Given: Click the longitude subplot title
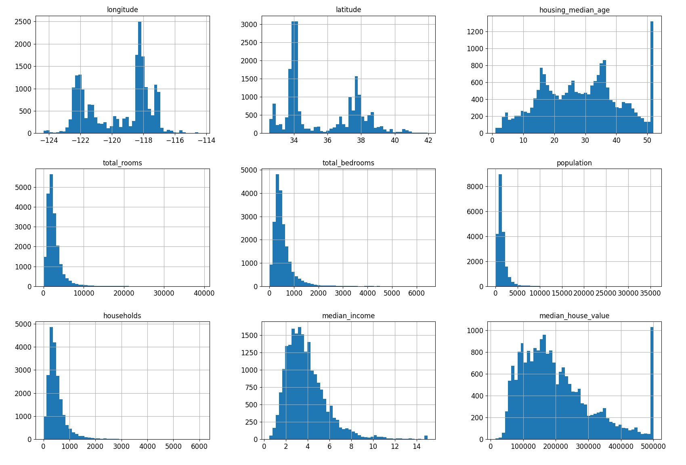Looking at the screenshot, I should (122, 10).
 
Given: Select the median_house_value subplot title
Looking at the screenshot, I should (574, 316).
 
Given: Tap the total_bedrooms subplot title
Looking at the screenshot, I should (348, 163).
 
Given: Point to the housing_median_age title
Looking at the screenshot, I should (574, 10).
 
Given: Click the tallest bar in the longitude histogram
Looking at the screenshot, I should (140, 77).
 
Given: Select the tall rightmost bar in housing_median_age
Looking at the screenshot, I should (652, 77).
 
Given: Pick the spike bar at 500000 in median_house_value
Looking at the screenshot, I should (652, 383).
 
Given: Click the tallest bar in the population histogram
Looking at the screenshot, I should (500, 230).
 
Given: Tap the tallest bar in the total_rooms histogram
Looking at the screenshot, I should (51, 230).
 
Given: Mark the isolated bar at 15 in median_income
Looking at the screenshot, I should (426, 437).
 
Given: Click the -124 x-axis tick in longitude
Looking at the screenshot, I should (49, 141).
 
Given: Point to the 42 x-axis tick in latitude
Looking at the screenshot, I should (428, 141).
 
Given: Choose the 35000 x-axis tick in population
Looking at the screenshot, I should (650, 294).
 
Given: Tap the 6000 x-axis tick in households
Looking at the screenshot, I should (199, 446).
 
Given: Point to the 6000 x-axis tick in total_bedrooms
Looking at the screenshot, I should (416, 294).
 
